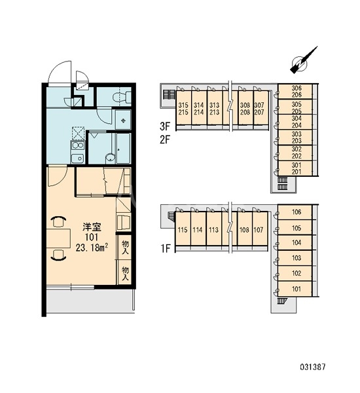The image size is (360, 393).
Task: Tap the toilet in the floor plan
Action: pyautogui.click(x=122, y=97)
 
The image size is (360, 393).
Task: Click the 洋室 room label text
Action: pyautogui.click(x=92, y=227)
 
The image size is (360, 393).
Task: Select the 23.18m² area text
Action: pyautogui.click(x=92, y=248)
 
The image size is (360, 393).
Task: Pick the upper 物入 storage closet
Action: pyautogui.click(x=125, y=247)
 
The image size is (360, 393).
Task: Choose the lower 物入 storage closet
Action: pyautogui.click(x=125, y=272)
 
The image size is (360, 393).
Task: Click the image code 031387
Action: pyautogui.click(x=313, y=367)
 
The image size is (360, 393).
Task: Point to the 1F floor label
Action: pyautogui.click(x=166, y=249)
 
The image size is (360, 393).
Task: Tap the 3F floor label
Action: pyautogui.click(x=166, y=126)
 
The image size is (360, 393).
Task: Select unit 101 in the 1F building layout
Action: pyautogui.click(x=295, y=289)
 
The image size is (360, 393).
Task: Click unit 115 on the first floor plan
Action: pyautogui.click(x=183, y=229)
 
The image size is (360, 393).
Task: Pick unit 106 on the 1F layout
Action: pyautogui.click(x=295, y=212)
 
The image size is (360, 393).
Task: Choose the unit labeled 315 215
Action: pyautogui.click(x=183, y=108)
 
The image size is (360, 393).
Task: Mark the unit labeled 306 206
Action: pyautogui.click(x=296, y=91)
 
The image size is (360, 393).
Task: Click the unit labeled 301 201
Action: pyautogui.click(x=296, y=168)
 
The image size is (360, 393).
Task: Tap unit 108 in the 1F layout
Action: pyautogui.click(x=245, y=229)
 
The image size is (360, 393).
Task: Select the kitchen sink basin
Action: pyautogui.click(x=77, y=158)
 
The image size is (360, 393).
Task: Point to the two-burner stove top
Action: pyautogui.click(x=78, y=145)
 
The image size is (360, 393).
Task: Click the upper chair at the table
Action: pyautogui.click(x=58, y=222)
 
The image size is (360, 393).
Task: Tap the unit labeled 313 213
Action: pyautogui.click(x=215, y=108)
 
